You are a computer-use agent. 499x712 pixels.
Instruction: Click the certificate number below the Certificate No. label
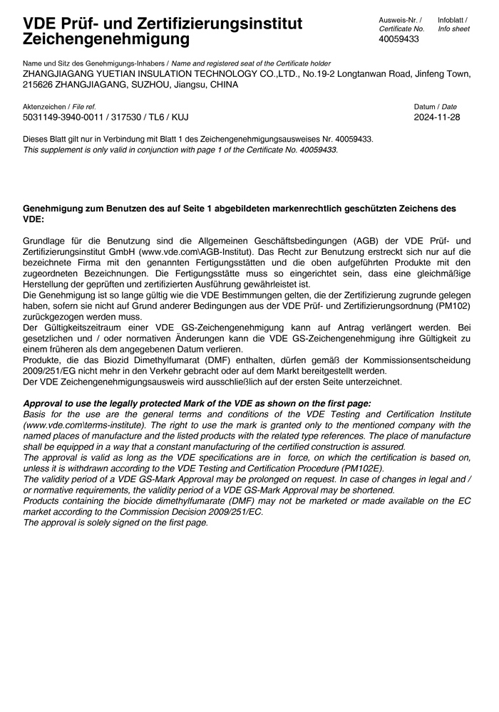coord(399,39)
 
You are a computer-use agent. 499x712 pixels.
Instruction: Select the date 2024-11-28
coord(437,117)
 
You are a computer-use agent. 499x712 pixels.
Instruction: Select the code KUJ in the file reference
coord(179,117)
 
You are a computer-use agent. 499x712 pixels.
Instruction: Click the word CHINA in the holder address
coord(225,84)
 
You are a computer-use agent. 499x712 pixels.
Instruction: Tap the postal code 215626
coord(38,84)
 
